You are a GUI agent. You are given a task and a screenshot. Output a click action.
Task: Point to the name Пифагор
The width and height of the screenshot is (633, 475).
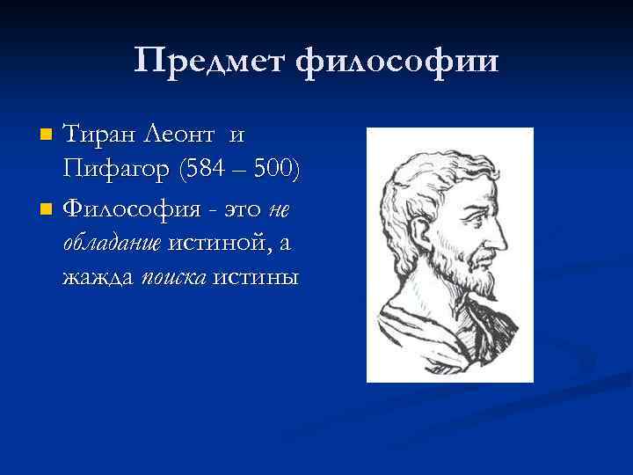(116, 171)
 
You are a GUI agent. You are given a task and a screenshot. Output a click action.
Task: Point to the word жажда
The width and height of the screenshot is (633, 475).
(98, 278)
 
